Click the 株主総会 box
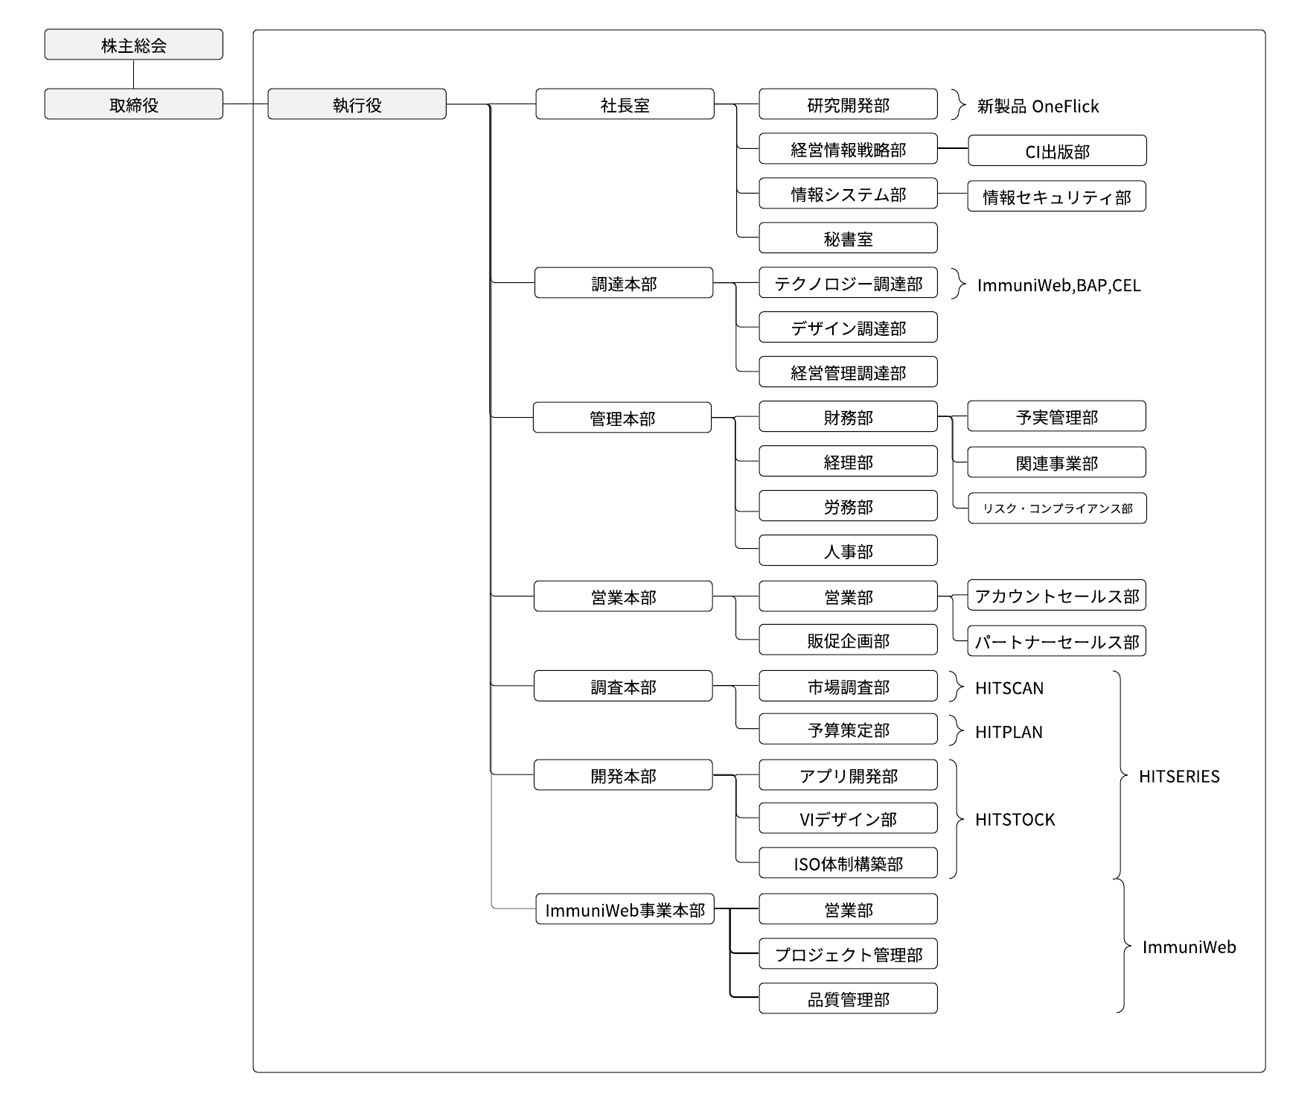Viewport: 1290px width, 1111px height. point(133,45)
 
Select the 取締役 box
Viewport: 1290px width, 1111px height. point(133,104)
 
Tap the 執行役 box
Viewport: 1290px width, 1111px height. point(357,104)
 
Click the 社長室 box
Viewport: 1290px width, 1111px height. point(625,104)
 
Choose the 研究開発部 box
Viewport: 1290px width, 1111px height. point(848,104)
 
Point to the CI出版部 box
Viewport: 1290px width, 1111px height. point(1057,150)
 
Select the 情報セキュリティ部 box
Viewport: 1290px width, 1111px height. point(1056,197)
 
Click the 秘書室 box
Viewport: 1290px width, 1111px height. point(848,238)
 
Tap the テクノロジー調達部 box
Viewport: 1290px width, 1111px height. point(848,283)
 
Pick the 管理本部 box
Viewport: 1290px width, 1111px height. point(622,418)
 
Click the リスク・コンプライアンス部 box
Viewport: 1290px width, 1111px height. point(1057,508)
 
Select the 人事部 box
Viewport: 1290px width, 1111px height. point(848,551)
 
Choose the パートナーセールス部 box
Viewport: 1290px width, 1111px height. point(1056,641)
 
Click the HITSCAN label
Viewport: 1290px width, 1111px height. point(1009,688)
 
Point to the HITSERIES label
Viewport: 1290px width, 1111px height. point(1179,777)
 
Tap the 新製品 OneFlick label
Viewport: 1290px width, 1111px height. point(1038,106)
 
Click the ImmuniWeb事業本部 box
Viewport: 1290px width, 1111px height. point(625,910)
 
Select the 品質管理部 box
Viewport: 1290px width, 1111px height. point(848,999)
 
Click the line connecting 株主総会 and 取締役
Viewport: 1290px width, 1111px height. point(134,74)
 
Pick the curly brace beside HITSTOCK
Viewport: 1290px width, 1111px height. point(957,819)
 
